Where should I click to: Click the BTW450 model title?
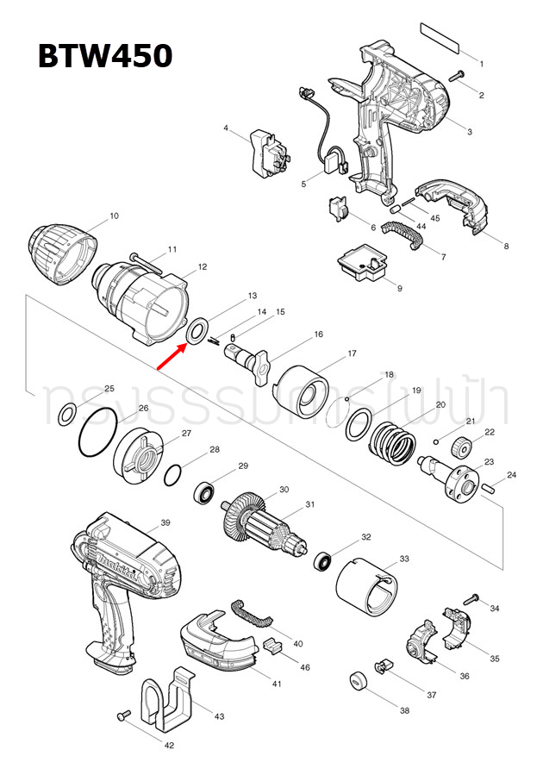pyautogui.click(x=104, y=56)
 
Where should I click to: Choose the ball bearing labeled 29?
pyautogui.click(x=205, y=494)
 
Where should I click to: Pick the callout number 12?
pyautogui.click(x=203, y=267)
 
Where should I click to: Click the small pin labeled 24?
pyautogui.click(x=489, y=484)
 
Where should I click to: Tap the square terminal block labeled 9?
pyautogui.click(x=363, y=263)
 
